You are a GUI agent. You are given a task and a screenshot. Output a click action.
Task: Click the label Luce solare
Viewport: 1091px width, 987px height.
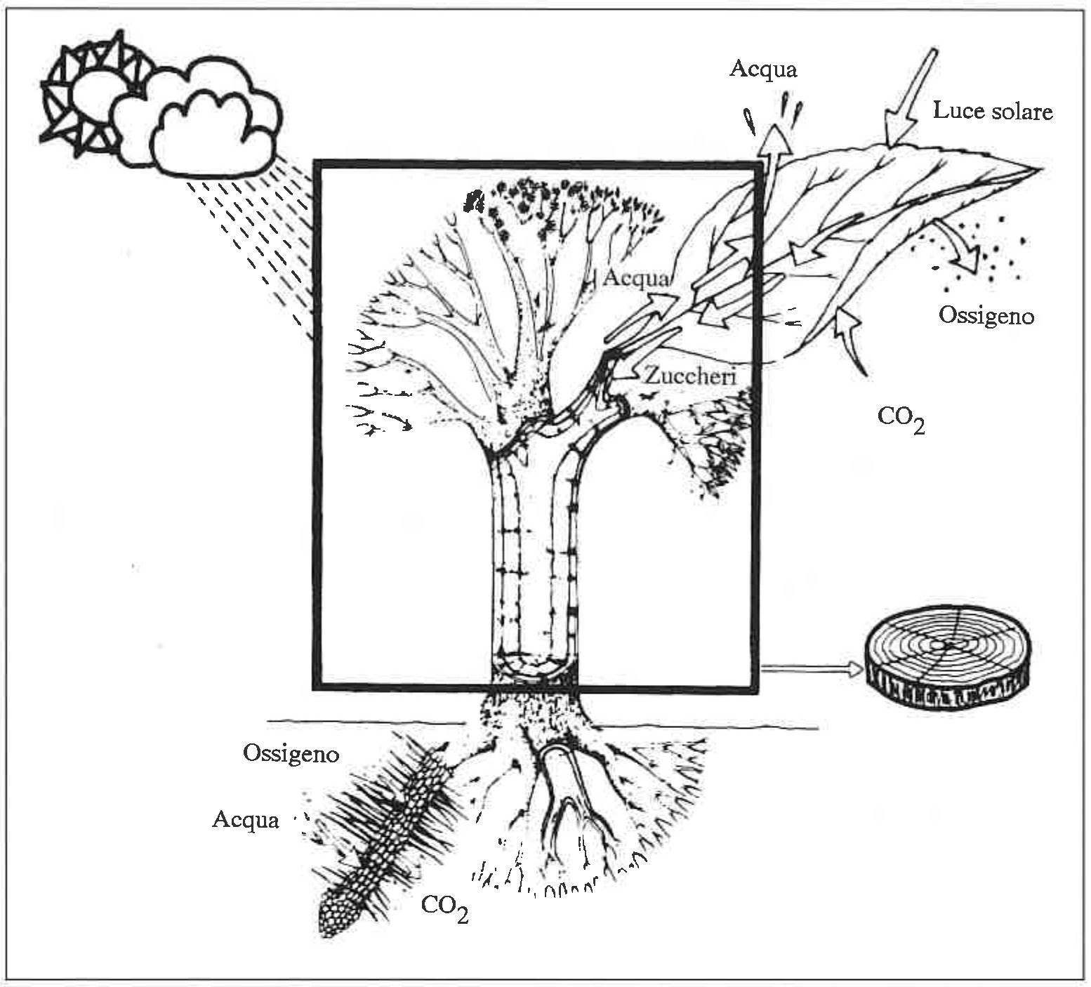[992, 111]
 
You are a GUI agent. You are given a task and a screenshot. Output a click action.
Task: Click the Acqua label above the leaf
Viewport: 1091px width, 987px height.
[763, 69]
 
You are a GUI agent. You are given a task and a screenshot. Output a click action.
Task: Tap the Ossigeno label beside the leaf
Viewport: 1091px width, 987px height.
[986, 315]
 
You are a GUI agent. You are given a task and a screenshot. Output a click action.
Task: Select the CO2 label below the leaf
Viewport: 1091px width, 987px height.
[900, 419]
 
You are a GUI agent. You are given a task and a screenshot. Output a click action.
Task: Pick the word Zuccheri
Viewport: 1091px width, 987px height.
[689, 376]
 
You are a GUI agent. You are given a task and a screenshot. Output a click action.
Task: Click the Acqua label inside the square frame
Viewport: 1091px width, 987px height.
[636, 278]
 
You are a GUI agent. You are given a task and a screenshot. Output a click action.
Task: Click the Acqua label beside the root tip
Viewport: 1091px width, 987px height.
[246, 819]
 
